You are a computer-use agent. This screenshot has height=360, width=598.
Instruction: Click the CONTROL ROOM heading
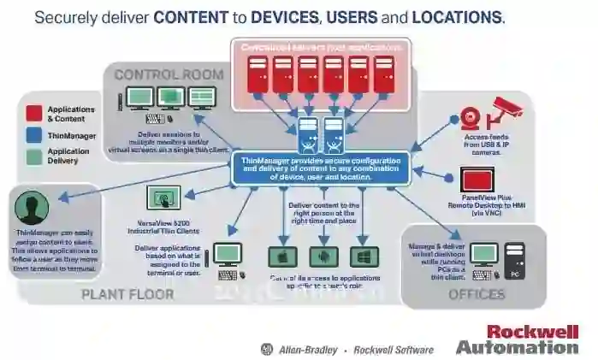click(x=169, y=74)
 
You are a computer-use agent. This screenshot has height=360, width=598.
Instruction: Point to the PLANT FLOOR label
click(x=127, y=294)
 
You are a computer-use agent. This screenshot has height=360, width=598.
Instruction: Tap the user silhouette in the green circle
click(x=33, y=209)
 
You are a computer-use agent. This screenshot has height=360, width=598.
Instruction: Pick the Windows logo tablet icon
click(x=364, y=257)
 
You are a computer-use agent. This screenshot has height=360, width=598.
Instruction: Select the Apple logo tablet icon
click(x=281, y=257)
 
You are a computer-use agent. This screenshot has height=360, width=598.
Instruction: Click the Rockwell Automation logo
click(x=519, y=339)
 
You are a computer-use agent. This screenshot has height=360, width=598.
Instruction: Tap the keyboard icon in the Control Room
click(x=157, y=119)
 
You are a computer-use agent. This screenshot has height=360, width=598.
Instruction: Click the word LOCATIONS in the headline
click(x=459, y=17)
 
